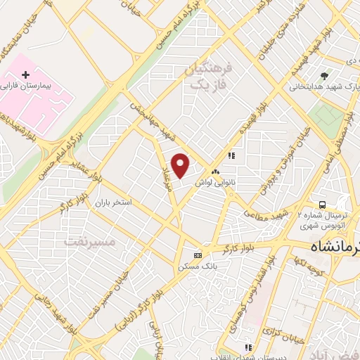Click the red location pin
(x=181, y=165)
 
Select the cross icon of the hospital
(x=26, y=73)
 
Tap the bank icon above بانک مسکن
(x=198, y=255)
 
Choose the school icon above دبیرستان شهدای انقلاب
(x=247, y=347)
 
